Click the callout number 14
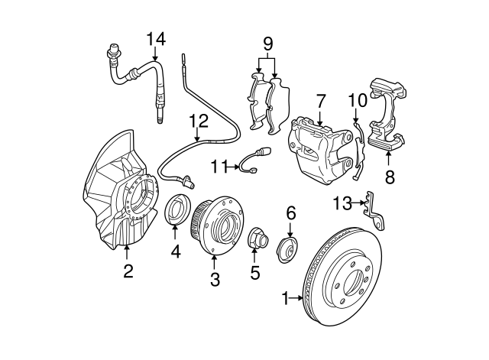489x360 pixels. coord(156,38)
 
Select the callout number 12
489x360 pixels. coord(199,120)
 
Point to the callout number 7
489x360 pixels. coord(321,100)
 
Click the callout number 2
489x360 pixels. coord(128,270)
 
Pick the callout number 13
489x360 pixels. coord(343,203)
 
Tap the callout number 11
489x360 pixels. coord(220,164)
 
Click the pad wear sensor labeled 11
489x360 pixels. coord(251,161)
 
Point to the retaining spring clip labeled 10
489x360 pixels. coord(359,149)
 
